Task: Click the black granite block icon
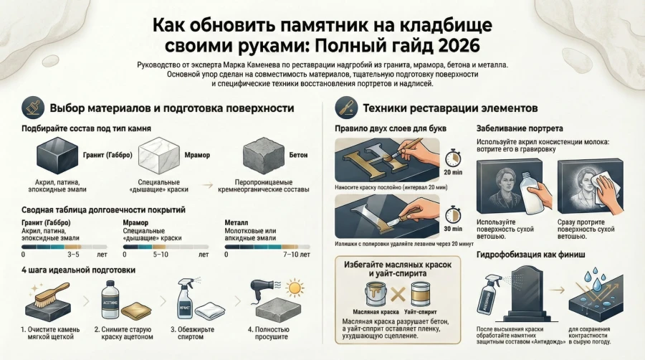(57, 156)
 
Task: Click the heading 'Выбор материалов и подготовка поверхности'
(171, 108)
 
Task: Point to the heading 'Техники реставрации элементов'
(450, 108)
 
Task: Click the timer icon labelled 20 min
(453, 161)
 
